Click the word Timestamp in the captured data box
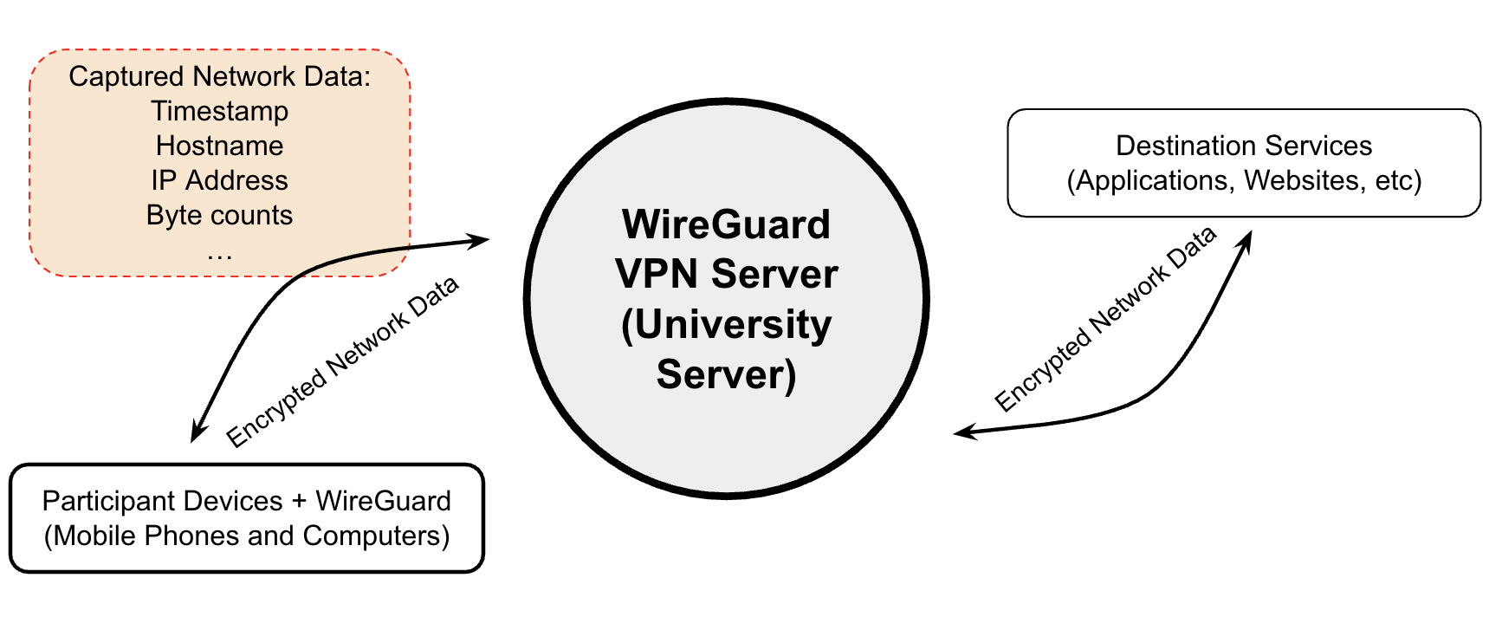pyautogui.click(x=219, y=111)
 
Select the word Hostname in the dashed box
pyautogui.click(x=219, y=146)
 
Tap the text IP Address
pyautogui.click(x=219, y=180)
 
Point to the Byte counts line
pyautogui.click(x=219, y=215)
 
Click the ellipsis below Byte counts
pyautogui.click(x=219, y=255)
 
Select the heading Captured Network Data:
pyautogui.click(x=219, y=76)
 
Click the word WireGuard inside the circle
pyautogui.click(x=726, y=224)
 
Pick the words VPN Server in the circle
pyautogui.click(x=726, y=274)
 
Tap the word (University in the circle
pyautogui.click(x=726, y=324)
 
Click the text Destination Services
pyautogui.click(x=1243, y=146)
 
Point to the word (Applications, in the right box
pyautogui.click(x=1151, y=180)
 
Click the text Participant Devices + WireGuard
pyautogui.click(x=246, y=501)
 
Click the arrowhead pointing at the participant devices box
pyautogui.click(x=197, y=432)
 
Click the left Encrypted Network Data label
pyautogui.click(x=342, y=362)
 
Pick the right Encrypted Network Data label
pyautogui.click(x=1105, y=319)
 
